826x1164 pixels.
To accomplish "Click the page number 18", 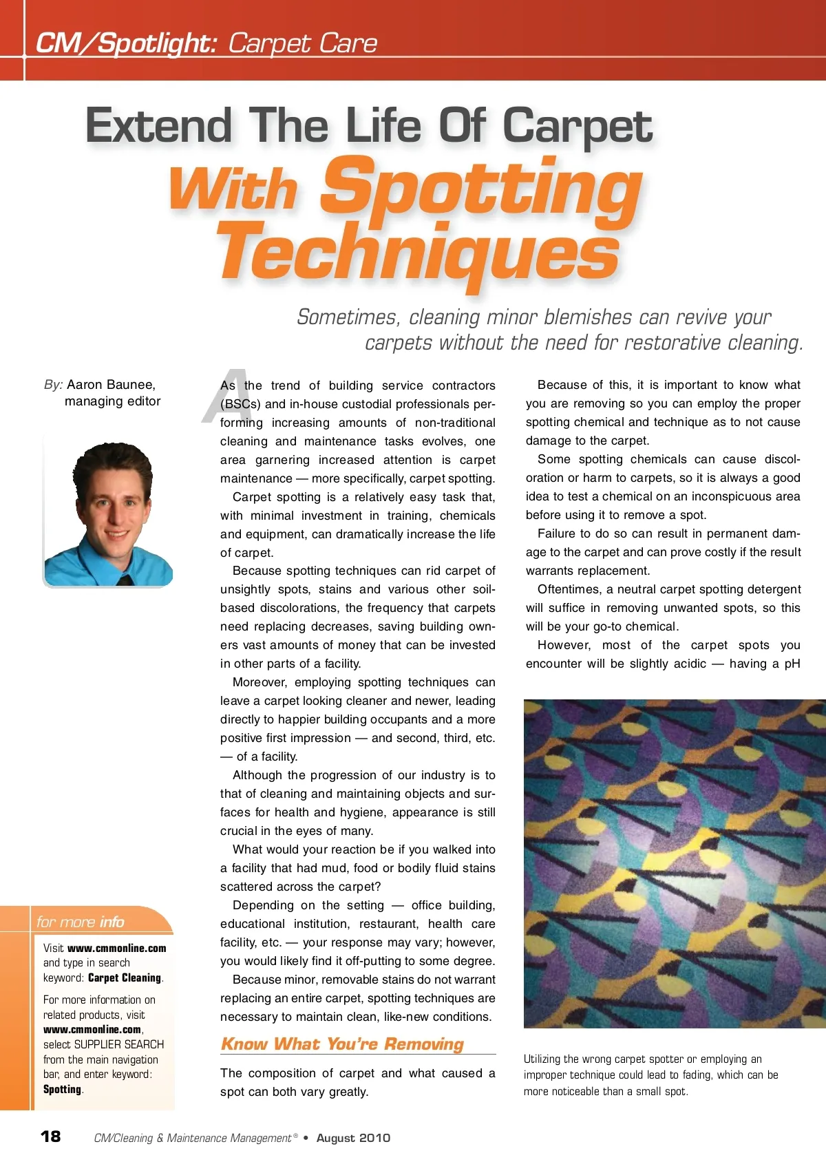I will coord(51,1136).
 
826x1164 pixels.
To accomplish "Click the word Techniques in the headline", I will coord(419,253).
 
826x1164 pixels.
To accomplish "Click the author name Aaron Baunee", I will coord(111,384).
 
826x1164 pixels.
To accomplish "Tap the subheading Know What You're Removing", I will coord(342,1044).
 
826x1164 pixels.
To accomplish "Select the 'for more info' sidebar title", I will coord(81,922).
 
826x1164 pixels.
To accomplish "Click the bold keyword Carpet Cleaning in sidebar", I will coord(125,977).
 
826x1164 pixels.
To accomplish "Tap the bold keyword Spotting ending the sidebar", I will coord(63,1089).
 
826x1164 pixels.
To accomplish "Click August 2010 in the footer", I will coord(353,1138).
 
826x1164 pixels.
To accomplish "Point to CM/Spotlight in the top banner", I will coord(127,43).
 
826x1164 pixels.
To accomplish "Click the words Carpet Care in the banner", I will coord(302,43).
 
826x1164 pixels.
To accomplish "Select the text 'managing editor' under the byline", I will coord(113,401).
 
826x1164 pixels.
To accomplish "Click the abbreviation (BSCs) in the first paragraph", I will coord(240,404).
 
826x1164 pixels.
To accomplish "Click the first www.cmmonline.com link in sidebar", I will coord(117,948).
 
